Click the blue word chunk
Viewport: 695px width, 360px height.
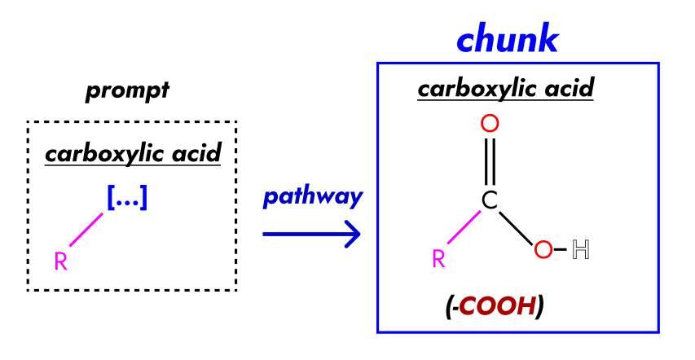pos(507,39)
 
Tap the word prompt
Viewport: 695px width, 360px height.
pos(127,90)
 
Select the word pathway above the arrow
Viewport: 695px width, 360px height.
pos(313,197)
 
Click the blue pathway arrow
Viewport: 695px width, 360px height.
pos(311,235)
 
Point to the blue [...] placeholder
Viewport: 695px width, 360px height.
pos(127,198)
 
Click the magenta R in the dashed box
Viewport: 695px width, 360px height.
pos(60,261)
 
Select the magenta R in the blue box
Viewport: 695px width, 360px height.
pos(438,259)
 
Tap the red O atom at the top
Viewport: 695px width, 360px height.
pos(489,124)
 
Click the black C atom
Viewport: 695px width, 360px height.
pos(489,200)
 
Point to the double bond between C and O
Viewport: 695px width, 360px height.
pos(489,161)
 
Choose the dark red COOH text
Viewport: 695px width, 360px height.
pos(497,306)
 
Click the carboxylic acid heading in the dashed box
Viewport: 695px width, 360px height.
pos(133,153)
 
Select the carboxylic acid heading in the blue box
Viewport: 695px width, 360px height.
pos(505,87)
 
